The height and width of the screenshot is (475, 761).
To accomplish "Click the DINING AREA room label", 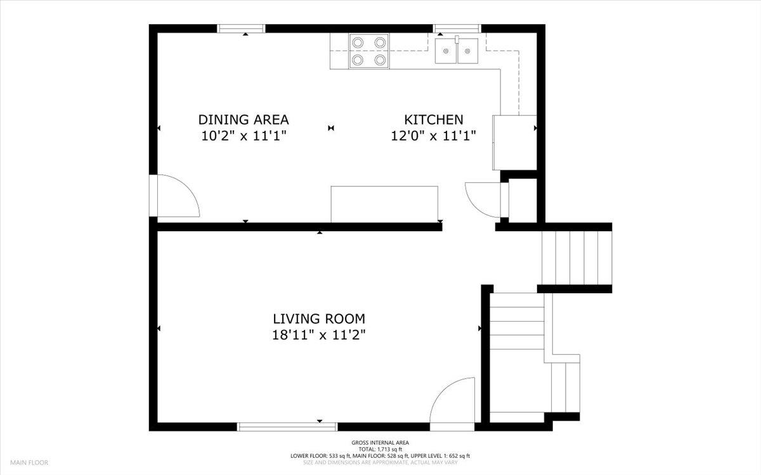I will point(244,119).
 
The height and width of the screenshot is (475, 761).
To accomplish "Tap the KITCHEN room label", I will point(434,119).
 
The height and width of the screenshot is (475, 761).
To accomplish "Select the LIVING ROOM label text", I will point(319,319).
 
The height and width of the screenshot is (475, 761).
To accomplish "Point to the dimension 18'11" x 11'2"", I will point(319,335).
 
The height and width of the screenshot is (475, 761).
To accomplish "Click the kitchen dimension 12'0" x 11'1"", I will point(434,135).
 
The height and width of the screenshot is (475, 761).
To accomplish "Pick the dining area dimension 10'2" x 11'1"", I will point(244,135).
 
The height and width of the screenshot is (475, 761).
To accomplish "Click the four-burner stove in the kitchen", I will point(368,51).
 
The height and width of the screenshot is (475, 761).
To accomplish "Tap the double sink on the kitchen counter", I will point(457,51).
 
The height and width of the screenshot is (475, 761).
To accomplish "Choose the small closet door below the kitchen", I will point(483,199).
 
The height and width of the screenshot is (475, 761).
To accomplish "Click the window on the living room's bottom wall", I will point(287,427).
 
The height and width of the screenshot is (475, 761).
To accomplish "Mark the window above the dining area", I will point(241,28).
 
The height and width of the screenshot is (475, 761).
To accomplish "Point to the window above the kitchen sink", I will point(457,28).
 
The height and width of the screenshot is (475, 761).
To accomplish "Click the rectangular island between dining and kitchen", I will point(384,204).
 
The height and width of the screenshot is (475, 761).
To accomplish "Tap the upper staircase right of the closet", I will point(576,258).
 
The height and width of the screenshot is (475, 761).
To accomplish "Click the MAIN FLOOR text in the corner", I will point(29,463).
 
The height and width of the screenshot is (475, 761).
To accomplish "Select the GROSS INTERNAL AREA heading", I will point(380,443).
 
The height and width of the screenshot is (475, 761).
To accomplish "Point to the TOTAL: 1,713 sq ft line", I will point(380,449).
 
